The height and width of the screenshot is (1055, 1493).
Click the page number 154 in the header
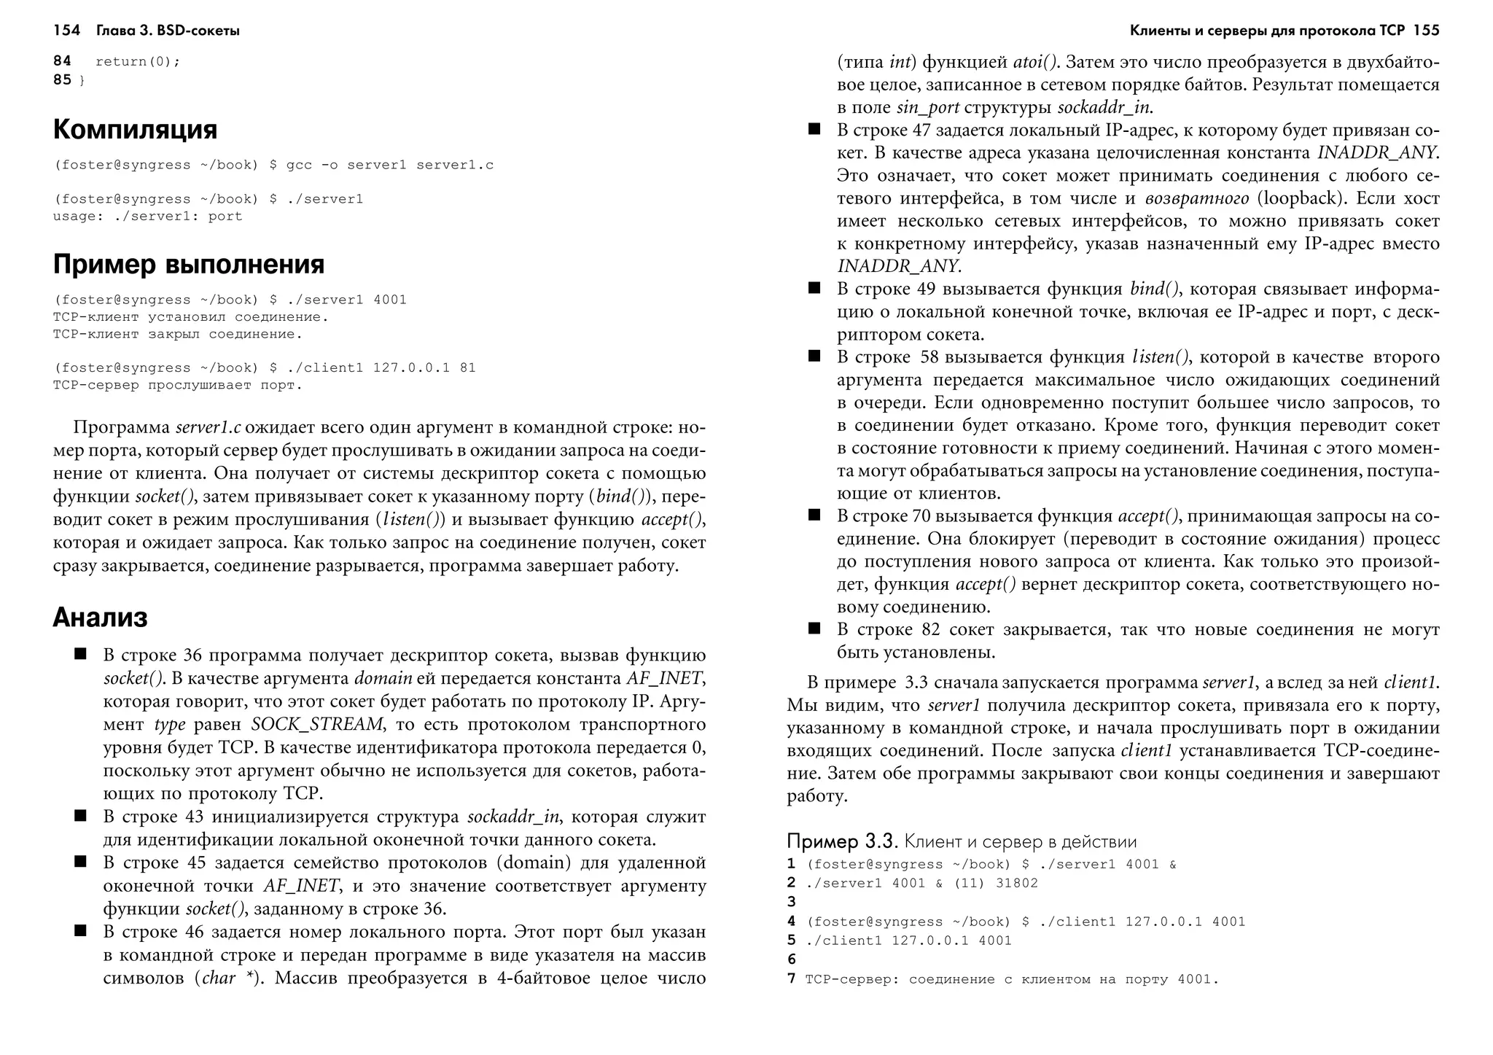coord(66,31)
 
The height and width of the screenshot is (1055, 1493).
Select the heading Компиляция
coord(135,130)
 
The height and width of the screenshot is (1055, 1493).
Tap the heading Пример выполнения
coord(189,264)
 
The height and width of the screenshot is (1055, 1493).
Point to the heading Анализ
coord(100,618)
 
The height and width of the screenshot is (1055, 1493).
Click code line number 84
coord(62,61)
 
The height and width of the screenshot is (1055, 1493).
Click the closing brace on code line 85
coord(82,81)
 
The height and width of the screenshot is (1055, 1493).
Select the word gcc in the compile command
coord(299,166)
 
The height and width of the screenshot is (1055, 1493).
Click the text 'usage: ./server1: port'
coord(147,217)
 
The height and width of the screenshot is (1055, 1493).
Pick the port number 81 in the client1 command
coord(467,368)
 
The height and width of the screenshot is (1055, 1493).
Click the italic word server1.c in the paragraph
coord(208,427)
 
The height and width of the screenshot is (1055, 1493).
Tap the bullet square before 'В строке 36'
coord(80,654)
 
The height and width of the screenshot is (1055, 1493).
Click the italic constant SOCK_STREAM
coord(316,725)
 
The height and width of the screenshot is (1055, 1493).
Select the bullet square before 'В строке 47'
coord(814,130)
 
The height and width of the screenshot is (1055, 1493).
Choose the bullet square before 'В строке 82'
coord(814,628)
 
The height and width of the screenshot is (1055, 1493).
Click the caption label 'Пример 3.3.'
coord(841,842)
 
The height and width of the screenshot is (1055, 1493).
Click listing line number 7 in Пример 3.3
coord(792,979)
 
